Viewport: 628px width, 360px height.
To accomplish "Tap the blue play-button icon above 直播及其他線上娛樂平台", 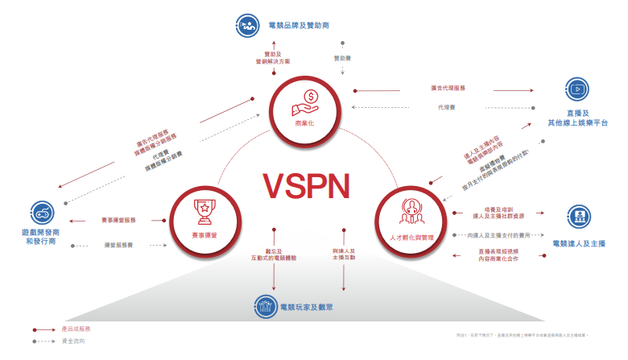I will (576, 89).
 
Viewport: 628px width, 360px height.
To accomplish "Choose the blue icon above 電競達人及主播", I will (576, 216).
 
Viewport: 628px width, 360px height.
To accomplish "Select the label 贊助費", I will (343, 58).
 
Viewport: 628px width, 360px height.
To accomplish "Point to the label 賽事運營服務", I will (124, 221).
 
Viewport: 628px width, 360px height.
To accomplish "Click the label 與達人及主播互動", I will (345, 254).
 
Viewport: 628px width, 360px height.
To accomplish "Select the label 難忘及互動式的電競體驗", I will (275, 254).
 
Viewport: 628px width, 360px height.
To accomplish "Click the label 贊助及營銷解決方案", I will (274, 58).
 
